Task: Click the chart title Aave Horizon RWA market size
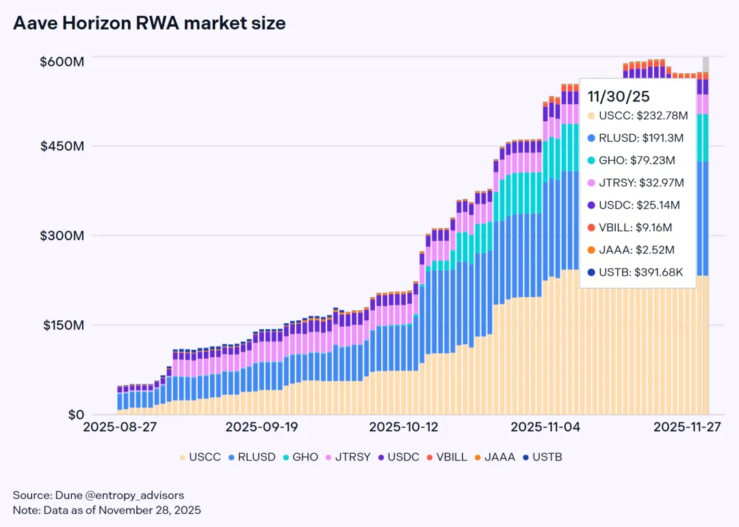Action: tap(149, 23)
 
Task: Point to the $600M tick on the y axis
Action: tap(62, 62)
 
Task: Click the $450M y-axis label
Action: tap(62, 146)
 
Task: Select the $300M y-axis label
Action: tap(62, 236)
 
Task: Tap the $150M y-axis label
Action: tap(62, 325)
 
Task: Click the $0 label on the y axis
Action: tap(67, 415)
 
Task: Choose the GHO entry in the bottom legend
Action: tap(299, 457)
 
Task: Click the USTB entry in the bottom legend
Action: tap(542, 457)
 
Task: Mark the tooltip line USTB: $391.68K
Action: tap(640, 272)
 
